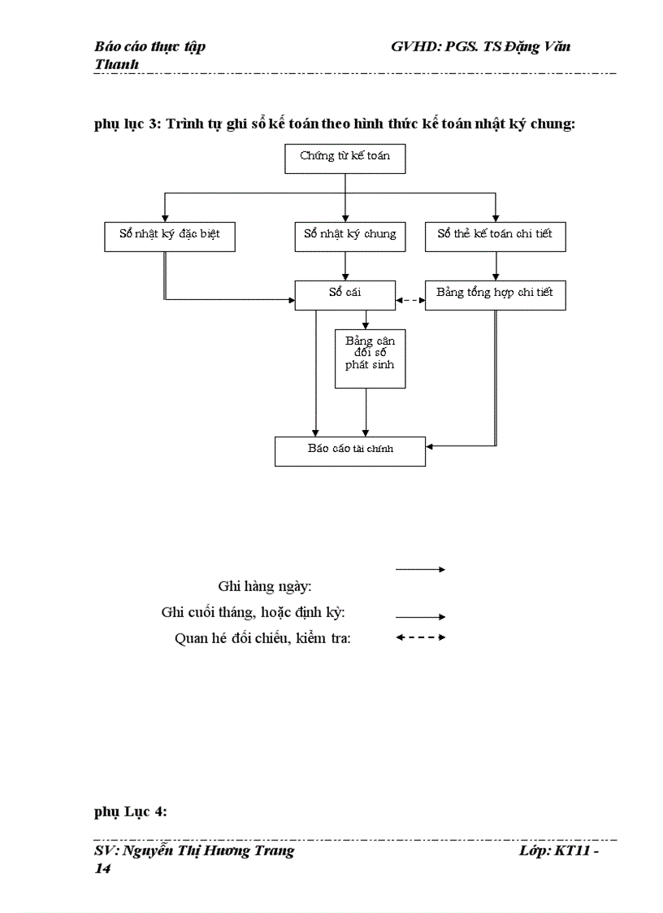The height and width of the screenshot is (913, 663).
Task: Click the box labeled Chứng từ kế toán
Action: point(345,159)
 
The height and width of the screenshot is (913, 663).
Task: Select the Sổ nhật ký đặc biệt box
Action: point(170,236)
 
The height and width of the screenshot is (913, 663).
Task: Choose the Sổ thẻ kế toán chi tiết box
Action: point(495,236)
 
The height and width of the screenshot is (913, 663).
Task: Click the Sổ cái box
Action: point(345,294)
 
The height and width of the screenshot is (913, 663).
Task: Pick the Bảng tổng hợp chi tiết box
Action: point(495,294)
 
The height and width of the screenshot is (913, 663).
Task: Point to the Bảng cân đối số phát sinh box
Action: point(370,358)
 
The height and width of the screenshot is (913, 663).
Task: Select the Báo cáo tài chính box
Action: point(350,450)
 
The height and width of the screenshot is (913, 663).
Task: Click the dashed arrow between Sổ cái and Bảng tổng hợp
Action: point(410,301)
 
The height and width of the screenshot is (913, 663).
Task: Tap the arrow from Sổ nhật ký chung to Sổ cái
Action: point(346,265)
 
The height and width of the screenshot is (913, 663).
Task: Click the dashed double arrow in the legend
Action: point(420,637)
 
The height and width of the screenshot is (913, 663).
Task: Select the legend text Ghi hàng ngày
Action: point(266,586)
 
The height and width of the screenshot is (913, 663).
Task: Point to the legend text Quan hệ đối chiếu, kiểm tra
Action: point(262,638)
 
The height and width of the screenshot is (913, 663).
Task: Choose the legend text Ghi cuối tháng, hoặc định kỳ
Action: point(253,612)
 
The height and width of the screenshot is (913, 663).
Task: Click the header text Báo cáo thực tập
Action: point(150,46)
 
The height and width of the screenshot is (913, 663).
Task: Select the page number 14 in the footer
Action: point(102,868)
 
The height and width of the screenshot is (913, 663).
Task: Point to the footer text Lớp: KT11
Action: point(558,851)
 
